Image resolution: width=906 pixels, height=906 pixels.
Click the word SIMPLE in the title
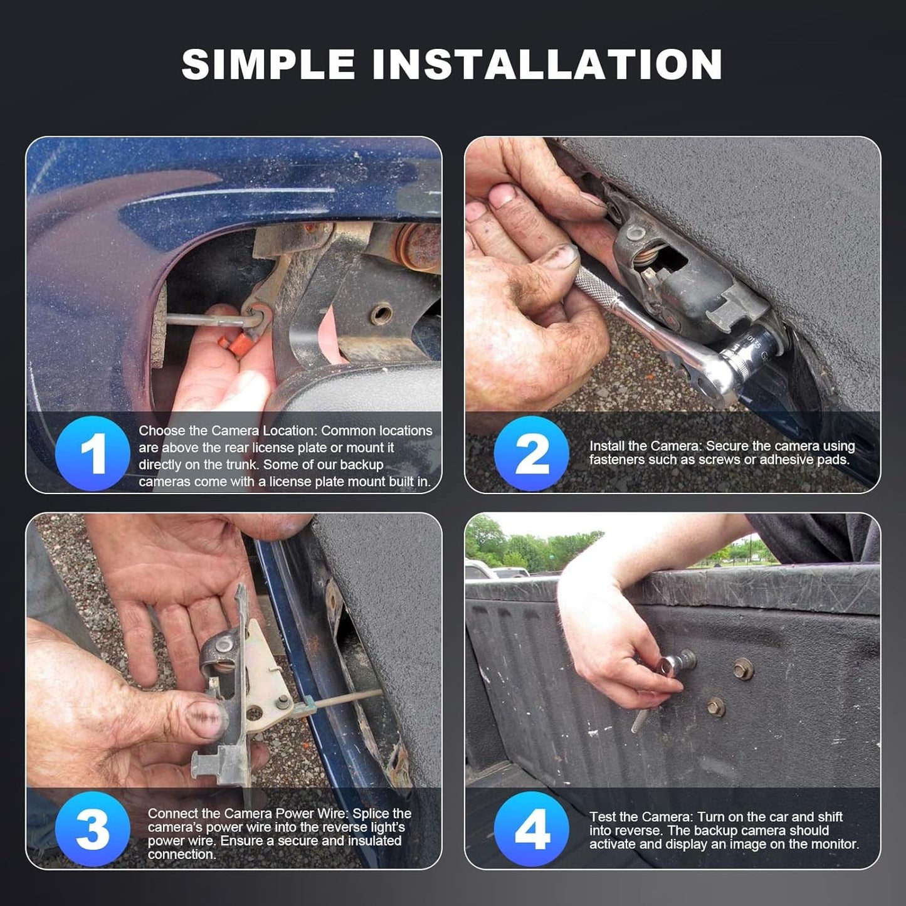point(268,64)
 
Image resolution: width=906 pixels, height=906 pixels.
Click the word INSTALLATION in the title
point(547,64)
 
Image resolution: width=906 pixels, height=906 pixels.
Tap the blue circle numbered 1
point(93,453)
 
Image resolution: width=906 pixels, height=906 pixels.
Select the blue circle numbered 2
point(532,453)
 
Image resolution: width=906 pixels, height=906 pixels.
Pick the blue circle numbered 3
point(93,829)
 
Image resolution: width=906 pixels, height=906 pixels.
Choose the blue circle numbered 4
point(532,829)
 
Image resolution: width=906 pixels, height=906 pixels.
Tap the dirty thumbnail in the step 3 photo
point(205,717)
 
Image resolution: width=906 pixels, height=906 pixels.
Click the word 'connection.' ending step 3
point(182,855)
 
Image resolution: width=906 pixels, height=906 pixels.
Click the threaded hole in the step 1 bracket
point(381,313)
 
